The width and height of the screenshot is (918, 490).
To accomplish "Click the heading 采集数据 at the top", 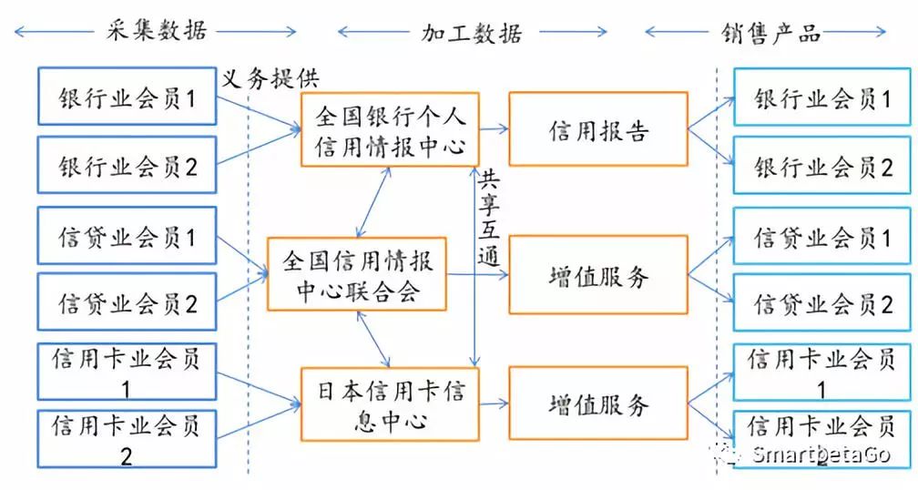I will (x=152, y=31).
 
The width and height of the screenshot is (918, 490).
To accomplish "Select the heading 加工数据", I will (x=471, y=33).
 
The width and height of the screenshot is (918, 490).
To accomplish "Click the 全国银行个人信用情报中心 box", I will (x=390, y=129).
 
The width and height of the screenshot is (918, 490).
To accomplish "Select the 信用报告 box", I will (x=597, y=129).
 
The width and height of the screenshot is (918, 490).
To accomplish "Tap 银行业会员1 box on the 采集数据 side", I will (x=127, y=97).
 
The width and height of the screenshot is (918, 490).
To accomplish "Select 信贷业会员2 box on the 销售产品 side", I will (x=822, y=304).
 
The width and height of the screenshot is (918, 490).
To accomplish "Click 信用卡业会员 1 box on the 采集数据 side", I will (x=127, y=372).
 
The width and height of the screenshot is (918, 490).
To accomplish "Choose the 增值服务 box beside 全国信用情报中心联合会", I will (x=597, y=274).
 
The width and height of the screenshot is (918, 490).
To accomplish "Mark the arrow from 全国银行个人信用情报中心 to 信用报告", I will (x=493, y=129).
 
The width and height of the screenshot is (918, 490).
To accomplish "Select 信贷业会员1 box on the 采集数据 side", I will (x=127, y=237).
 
